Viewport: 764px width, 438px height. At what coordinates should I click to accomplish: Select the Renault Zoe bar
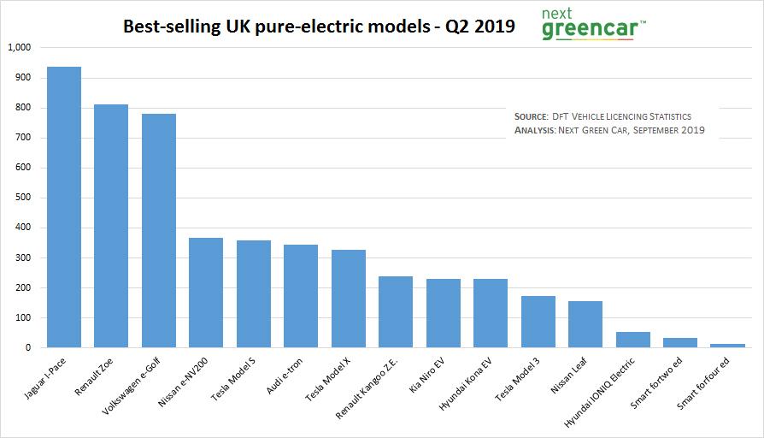point(111,226)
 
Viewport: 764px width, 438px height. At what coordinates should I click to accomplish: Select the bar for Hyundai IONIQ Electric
point(633,340)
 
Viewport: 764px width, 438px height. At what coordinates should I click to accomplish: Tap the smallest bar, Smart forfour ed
point(728,346)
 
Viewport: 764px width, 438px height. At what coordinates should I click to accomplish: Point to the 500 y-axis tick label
point(22,198)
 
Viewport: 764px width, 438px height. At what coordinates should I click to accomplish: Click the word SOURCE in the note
point(536,116)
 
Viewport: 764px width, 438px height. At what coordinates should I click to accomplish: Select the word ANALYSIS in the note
point(534,131)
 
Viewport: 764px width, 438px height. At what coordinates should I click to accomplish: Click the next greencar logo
point(593,25)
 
